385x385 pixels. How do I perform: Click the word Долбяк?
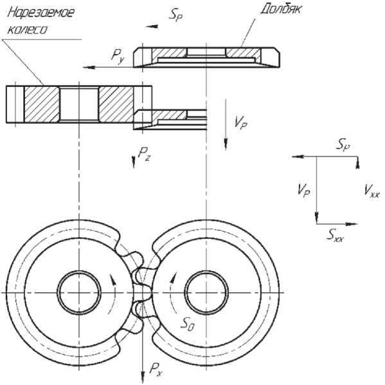tap(281, 10)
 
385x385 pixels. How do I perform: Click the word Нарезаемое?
tap(40, 12)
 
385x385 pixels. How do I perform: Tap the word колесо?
tap(27, 30)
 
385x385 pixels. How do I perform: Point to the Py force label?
tap(118, 56)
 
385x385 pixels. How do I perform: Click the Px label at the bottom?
tap(156, 370)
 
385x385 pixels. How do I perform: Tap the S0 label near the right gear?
tap(188, 324)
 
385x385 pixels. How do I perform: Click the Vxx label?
tap(372, 191)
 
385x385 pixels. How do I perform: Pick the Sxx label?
tap(335, 235)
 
